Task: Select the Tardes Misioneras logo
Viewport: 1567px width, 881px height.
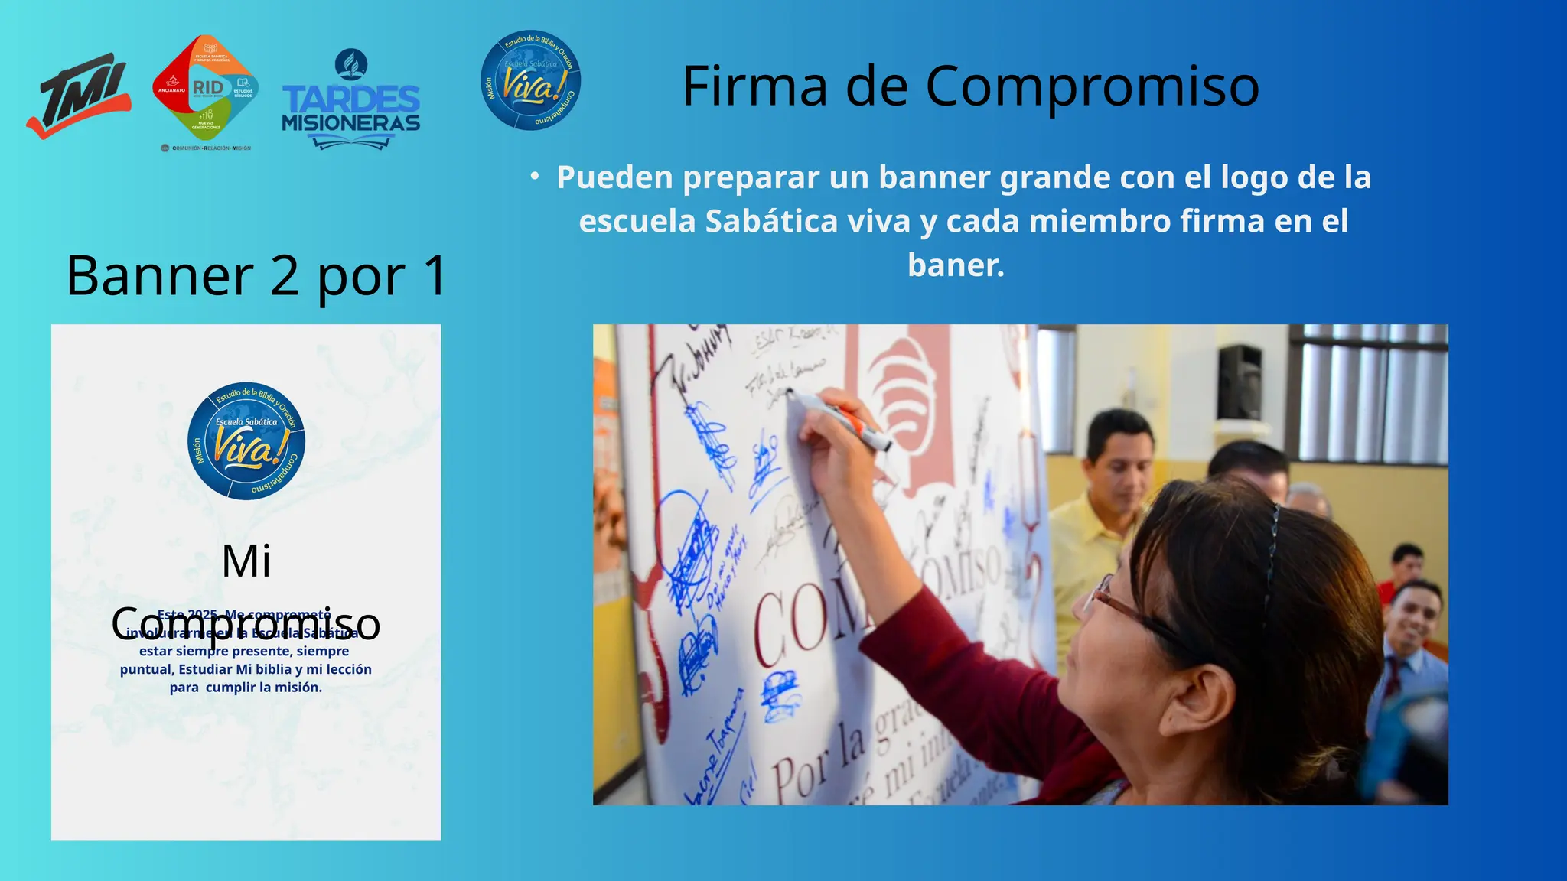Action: (351, 101)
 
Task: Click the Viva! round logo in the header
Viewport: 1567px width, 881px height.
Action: (530, 80)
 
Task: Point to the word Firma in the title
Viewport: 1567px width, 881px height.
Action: (754, 86)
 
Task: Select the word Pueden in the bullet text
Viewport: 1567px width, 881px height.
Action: (614, 177)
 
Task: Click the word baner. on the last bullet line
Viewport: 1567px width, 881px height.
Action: (956, 265)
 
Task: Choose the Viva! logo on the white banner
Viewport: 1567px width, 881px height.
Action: (246, 441)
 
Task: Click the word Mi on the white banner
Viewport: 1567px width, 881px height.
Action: (246, 561)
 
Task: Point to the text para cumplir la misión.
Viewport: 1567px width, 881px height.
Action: (246, 688)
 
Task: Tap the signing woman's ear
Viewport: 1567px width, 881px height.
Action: (1209, 697)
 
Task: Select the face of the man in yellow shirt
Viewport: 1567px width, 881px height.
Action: (1122, 462)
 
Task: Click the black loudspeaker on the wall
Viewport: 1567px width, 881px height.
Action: (1240, 382)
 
